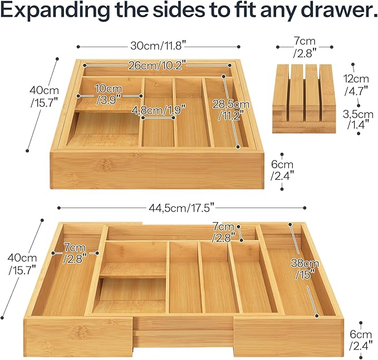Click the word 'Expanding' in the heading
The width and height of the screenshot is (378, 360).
(x=55, y=10)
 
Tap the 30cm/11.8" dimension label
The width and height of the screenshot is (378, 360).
(x=158, y=46)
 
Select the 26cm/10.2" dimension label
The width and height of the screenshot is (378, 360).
(x=157, y=65)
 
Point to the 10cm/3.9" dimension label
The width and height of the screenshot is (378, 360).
(x=109, y=94)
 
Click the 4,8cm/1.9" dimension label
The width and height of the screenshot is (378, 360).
(x=159, y=110)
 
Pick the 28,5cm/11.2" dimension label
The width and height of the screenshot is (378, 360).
(x=231, y=110)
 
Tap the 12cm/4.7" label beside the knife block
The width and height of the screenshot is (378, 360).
(x=356, y=85)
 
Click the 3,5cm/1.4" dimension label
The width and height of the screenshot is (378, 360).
(x=358, y=119)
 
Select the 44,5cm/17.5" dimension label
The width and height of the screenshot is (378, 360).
(x=181, y=208)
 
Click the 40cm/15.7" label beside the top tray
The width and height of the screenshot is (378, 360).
(x=44, y=97)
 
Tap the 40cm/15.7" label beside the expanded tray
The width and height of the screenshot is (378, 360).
(x=22, y=264)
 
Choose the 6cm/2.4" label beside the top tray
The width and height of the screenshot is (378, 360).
(x=282, y=170)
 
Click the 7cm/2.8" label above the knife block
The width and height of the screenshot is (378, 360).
(x=305, y=47)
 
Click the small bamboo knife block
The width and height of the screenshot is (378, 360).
(x=304, y=98)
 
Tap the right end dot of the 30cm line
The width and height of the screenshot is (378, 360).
(x=239, y=47)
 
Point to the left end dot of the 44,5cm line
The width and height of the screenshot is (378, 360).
(x=59, y=208)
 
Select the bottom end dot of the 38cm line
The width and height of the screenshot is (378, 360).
(x=317, y=315)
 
